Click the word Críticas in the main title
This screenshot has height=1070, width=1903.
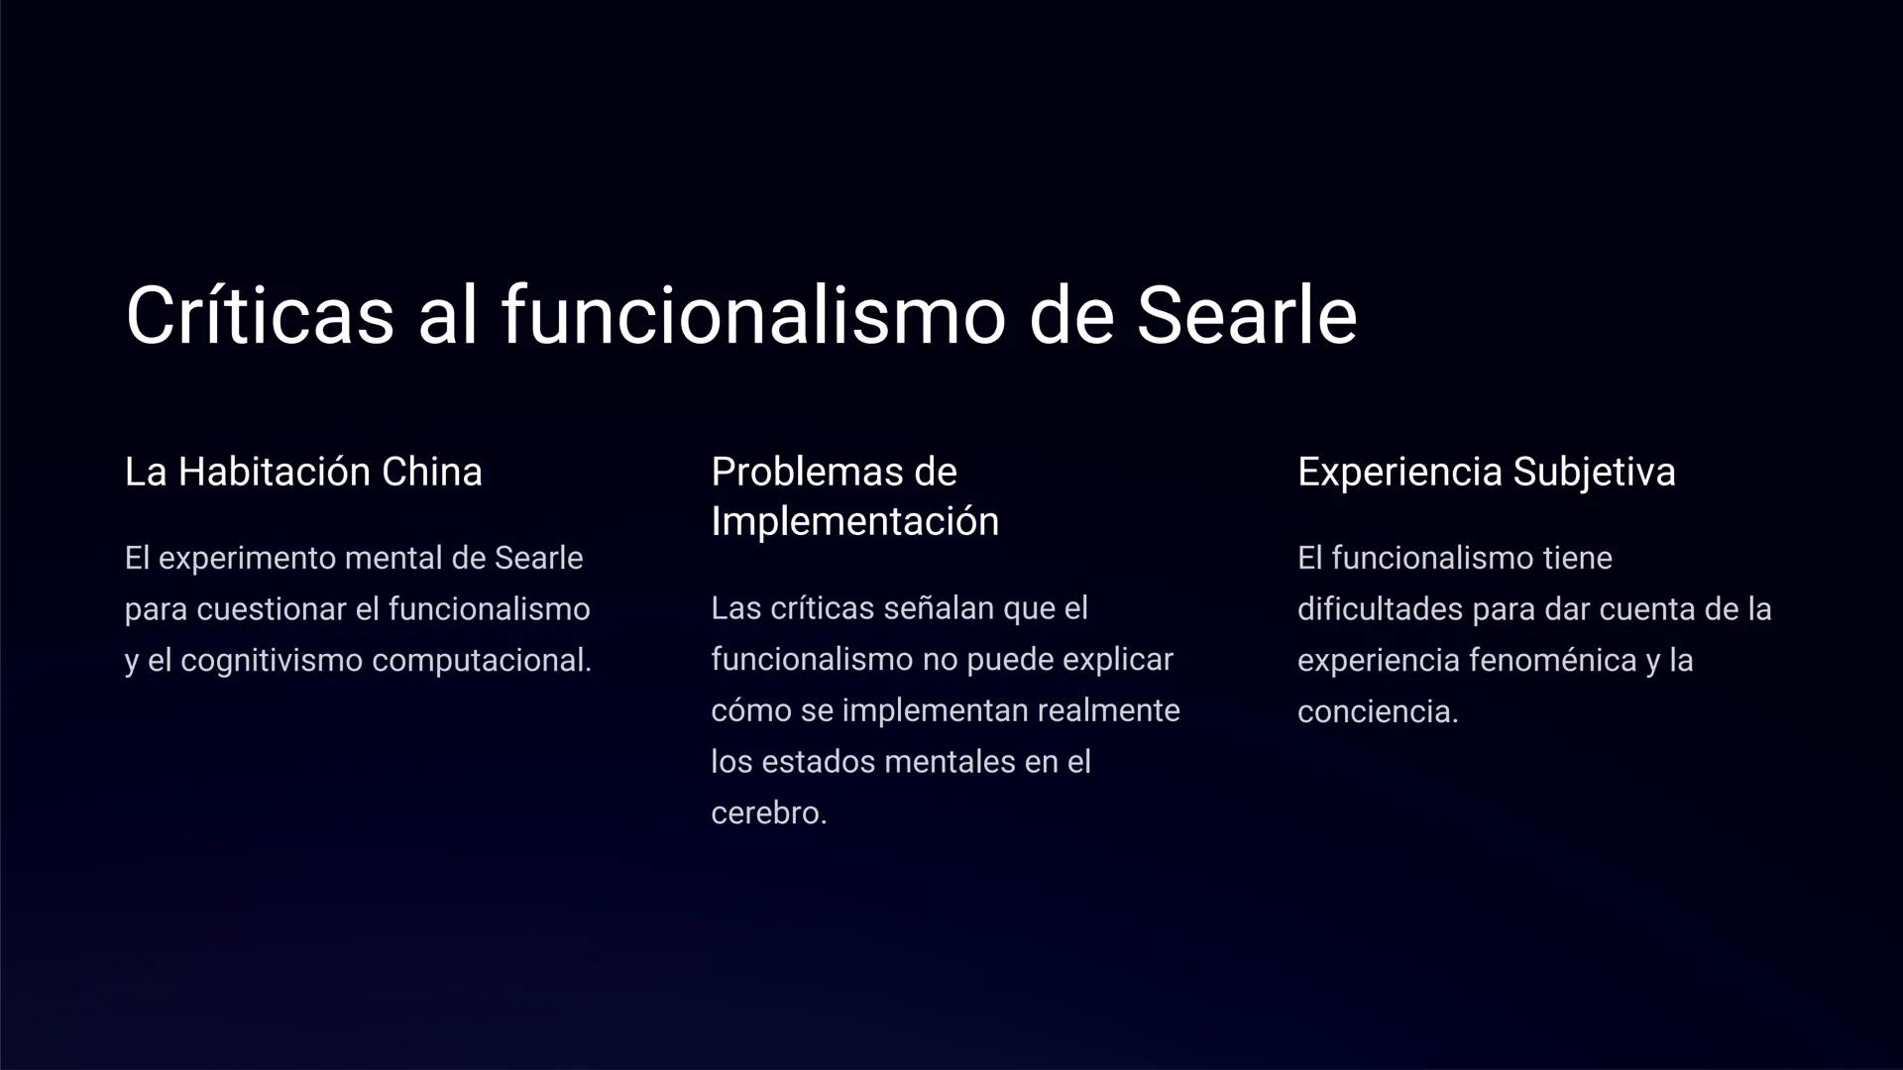coord(260,316)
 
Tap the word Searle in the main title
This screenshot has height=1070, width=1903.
coord(1246,316)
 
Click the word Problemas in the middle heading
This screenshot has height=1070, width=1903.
coord(802,473)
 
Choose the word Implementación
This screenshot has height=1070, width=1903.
coord(854,522)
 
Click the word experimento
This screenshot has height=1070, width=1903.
coord(247,559)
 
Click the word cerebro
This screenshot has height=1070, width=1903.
coord(768,813)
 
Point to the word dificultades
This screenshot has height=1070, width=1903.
coord(1380,609)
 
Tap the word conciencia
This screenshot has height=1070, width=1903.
coord(1377,712)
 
